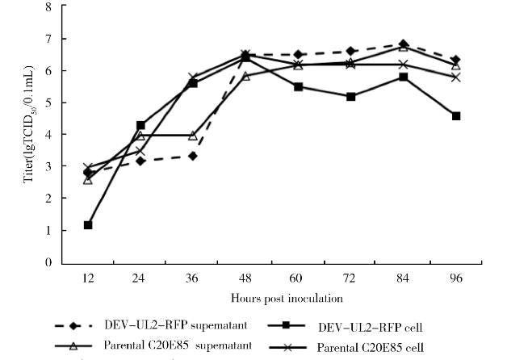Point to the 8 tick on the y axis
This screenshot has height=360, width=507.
47,7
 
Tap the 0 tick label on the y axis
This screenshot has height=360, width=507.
47,262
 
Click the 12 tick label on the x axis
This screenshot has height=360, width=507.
87,277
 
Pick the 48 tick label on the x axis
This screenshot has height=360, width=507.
245,277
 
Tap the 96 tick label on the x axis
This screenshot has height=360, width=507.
456,277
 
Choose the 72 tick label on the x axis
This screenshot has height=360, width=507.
350,277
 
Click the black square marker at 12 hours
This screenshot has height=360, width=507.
87,225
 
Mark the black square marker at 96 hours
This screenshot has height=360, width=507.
456,116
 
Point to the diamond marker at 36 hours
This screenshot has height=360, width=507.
193,156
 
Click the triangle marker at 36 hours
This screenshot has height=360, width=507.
193,136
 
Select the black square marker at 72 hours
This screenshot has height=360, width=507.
350,97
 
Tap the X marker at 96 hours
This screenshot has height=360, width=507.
456,77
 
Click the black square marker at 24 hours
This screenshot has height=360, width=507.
140,125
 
